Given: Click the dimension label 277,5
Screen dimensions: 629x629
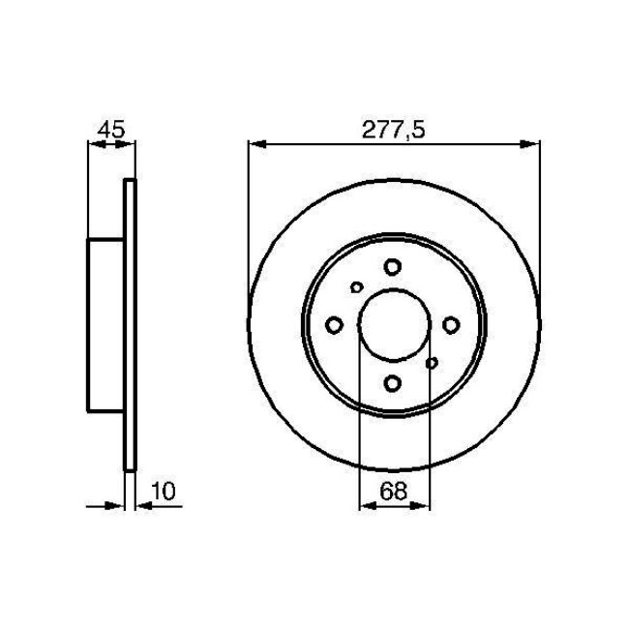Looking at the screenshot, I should click(394, 130).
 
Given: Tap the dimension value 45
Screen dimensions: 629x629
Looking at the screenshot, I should click(110, 130).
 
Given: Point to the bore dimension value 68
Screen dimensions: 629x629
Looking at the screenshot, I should click(394, 491).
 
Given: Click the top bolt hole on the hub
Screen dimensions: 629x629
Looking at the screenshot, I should click(393, 267).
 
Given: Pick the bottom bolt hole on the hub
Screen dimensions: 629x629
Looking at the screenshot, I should click(393, 384).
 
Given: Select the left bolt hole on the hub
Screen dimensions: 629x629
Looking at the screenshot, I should click(335, 325).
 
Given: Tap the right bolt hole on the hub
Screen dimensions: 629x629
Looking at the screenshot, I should click(452, 325).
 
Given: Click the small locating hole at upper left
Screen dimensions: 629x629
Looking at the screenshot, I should click(356, 287).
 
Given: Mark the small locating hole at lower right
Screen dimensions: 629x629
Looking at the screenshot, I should click(432, 364).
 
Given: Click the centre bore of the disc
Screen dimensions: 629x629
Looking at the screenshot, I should click(394, 325).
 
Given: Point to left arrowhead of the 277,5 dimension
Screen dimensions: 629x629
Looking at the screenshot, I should click(255, 145).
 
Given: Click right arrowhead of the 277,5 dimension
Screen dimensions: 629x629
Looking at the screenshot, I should click(531, 145).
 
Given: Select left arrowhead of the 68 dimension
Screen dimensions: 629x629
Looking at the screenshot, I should click(366, 505).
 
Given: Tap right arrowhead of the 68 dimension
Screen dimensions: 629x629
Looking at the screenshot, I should click(423, 505).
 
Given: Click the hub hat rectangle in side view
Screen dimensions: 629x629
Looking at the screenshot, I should click(107, 325).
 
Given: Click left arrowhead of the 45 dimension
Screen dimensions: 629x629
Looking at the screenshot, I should click(95, 145).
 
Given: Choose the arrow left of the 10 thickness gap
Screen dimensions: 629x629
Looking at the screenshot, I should click(119, 505).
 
